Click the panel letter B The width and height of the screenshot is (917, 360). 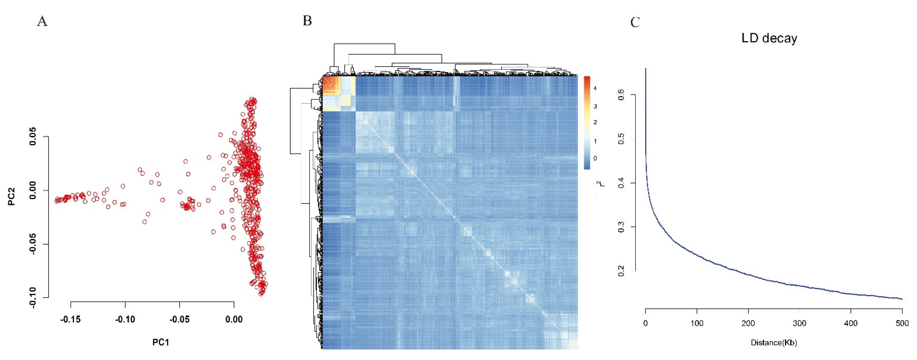coord(307,21)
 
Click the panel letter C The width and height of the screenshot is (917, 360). coord(635,23)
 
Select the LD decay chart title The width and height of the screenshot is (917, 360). coord(769,38)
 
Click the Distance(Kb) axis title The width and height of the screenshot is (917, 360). coord(774,343)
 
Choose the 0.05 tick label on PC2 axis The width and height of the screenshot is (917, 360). coord(33,137)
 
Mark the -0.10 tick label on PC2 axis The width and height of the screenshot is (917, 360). coord(33,297)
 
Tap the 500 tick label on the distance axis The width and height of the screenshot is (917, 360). coord(902,323)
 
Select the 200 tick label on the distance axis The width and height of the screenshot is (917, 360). coord(748,323)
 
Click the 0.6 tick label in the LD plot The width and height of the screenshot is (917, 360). coord(621,95)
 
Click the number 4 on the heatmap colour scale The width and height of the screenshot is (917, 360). coord(595,88)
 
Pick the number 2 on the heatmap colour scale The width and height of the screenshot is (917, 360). coord(595,122)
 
